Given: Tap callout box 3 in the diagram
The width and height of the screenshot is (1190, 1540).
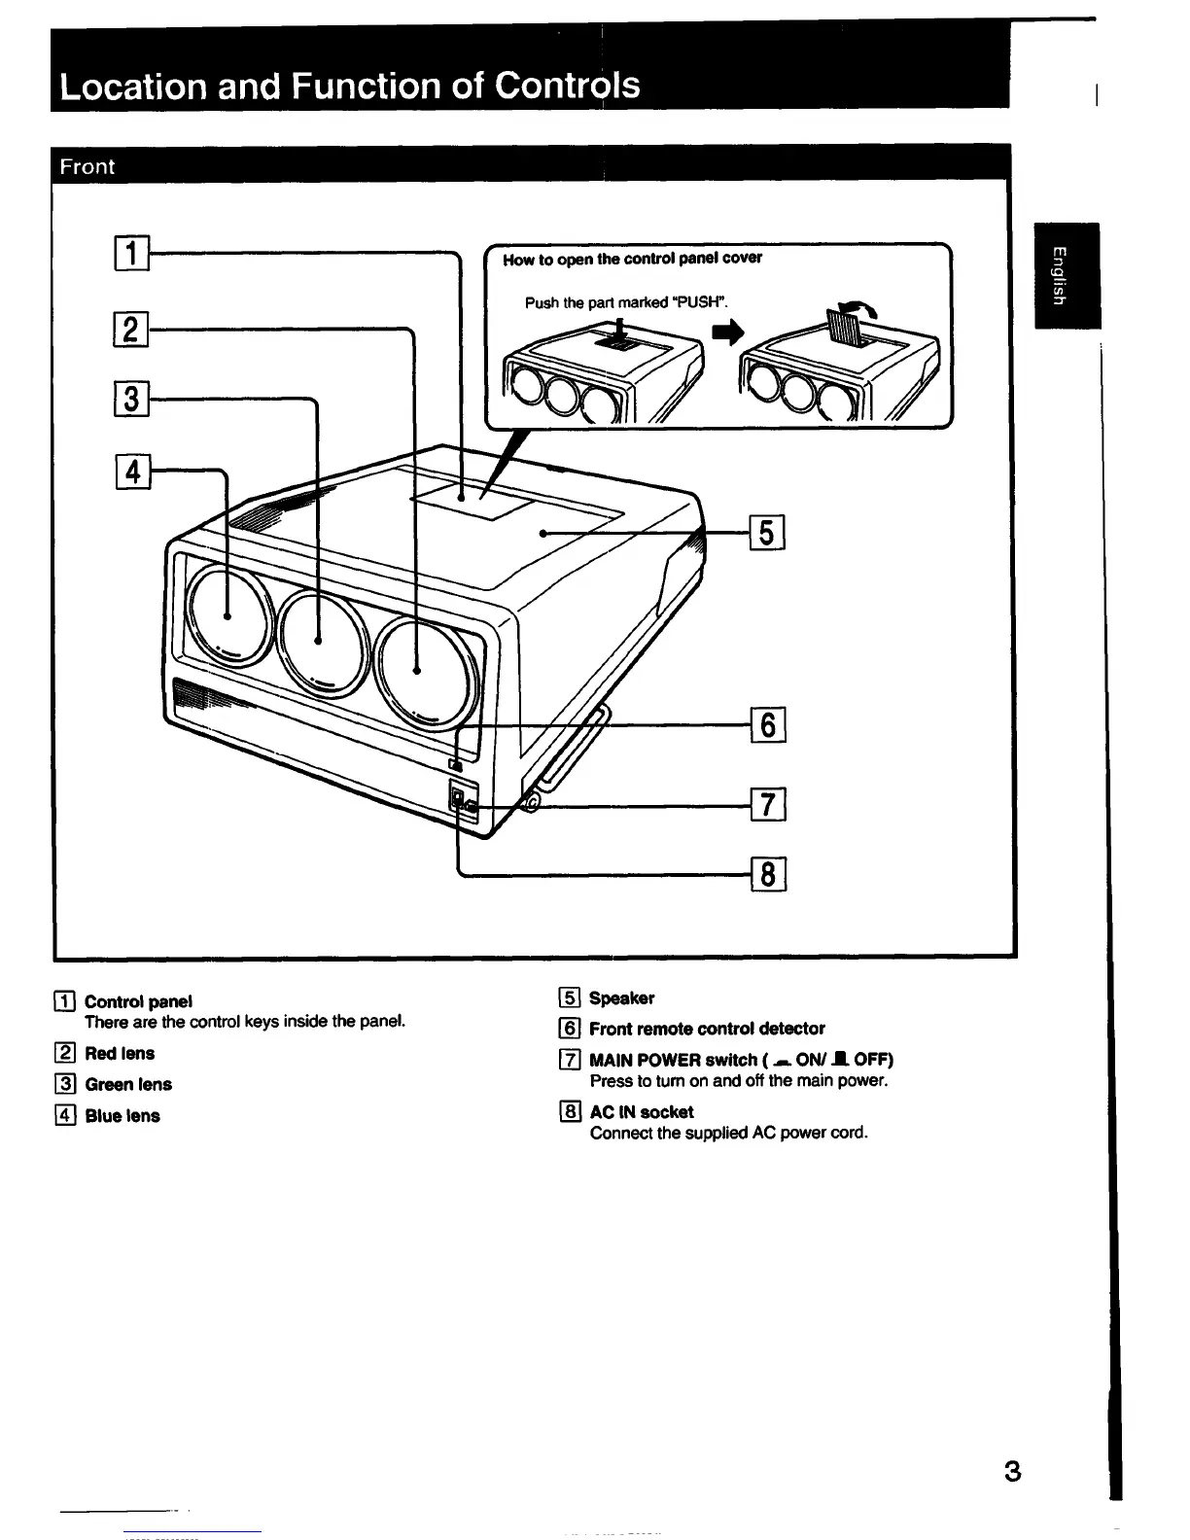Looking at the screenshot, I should click(x=131, y=399).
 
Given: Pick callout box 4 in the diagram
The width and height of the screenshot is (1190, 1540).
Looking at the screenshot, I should click(x=131, y=472).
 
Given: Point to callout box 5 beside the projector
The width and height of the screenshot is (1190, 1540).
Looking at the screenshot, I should click(x=768, y=533).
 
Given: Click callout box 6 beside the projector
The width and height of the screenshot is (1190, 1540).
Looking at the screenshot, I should click(x=768, y=725).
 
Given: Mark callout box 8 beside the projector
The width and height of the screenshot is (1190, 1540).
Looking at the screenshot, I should click(x=768, y=875).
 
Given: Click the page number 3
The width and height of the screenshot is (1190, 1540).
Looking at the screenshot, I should click(x=1012, y=1471).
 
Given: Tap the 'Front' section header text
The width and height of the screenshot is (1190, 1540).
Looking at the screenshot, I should click(x=87, y=166).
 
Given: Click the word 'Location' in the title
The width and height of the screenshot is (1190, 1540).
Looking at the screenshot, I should click(x=131, y=87).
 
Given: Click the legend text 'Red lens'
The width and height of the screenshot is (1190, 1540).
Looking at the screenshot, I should click(x=120, y=1053).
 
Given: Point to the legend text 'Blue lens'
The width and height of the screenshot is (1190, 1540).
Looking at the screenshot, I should click(x=122, y=1116).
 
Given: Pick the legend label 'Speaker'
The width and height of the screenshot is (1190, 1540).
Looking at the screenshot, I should click(x=622, y=997).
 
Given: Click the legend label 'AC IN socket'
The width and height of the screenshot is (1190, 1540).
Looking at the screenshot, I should click(x=642, y=1111).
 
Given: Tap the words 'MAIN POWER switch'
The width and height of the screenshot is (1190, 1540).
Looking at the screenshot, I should click(x=673, y=1060).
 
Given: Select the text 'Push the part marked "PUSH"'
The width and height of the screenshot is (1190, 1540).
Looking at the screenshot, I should click(x=626, y=302).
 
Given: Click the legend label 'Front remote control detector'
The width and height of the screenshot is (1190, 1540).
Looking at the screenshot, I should click(x=707, y=1029).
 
